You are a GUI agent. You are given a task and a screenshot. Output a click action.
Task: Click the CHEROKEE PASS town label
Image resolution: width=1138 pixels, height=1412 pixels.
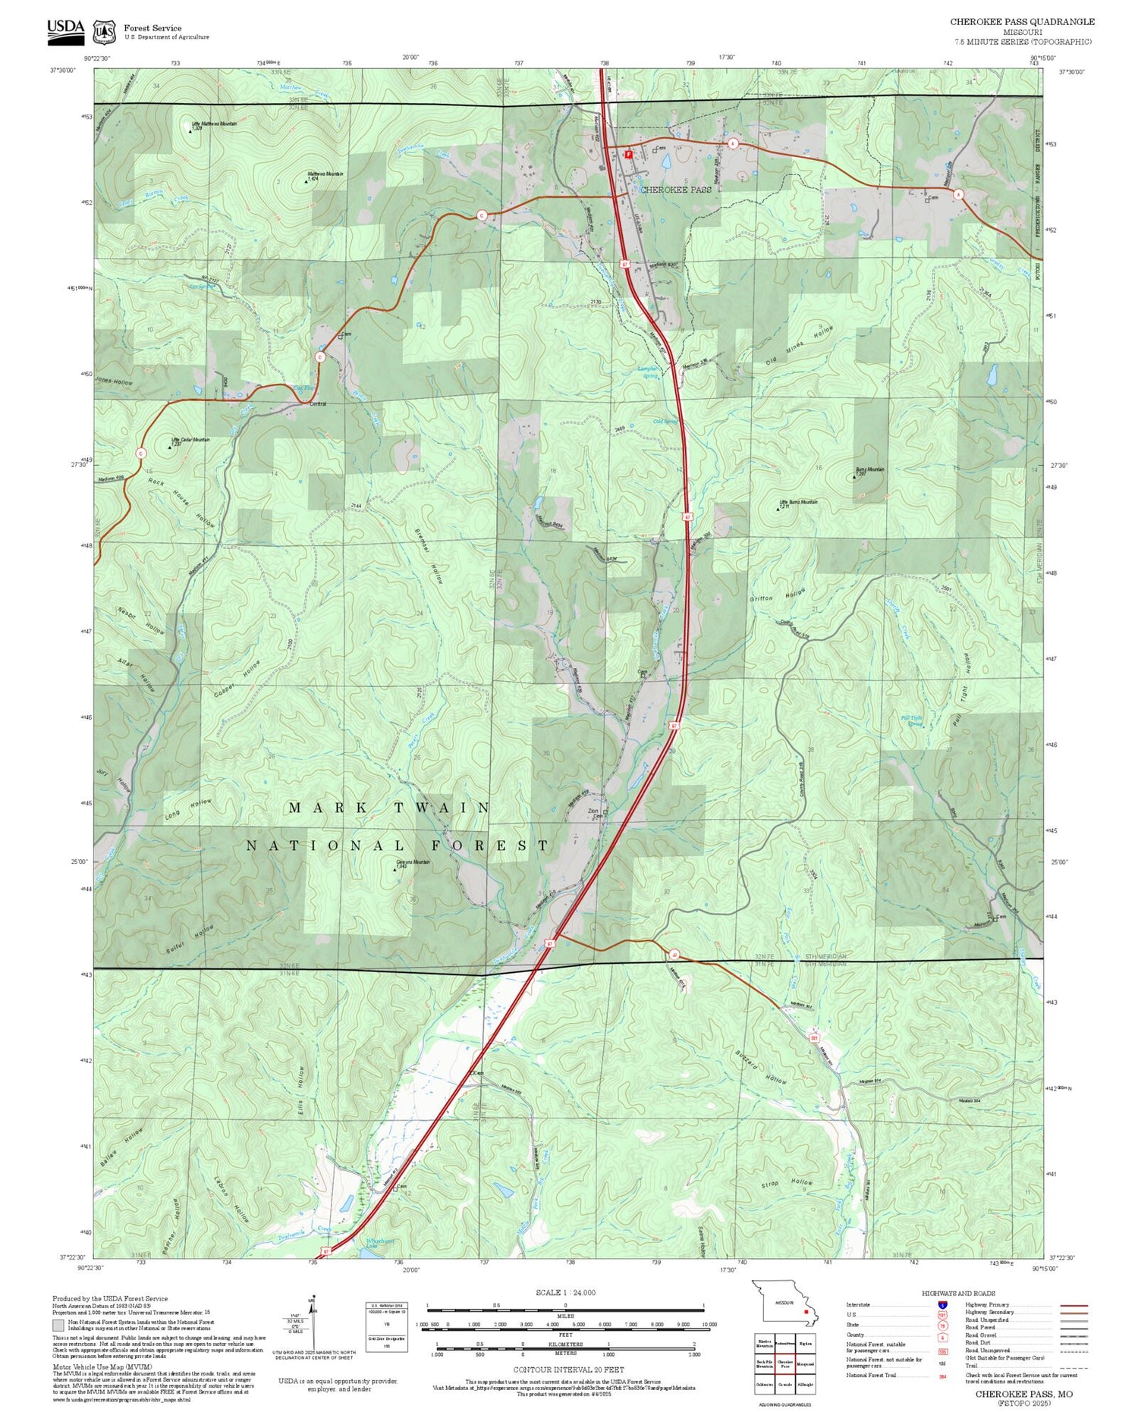(675, 190)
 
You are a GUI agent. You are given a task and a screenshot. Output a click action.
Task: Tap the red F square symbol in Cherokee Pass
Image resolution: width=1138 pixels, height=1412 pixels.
(628, 154)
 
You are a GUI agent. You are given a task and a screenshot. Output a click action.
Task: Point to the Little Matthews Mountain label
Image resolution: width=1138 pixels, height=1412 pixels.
(215, 124)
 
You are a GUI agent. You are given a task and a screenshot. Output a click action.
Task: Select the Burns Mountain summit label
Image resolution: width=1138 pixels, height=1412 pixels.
(870, 469)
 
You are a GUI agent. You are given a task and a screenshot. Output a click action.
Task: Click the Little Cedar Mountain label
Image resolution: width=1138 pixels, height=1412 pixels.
(190, 440)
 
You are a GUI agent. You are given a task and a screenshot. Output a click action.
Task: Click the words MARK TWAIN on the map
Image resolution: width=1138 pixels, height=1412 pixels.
(389, 808)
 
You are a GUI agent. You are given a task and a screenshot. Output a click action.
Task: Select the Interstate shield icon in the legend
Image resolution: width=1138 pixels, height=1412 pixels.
(942, 1304)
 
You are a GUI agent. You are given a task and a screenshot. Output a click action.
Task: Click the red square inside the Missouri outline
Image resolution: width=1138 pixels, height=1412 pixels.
(806, 1310)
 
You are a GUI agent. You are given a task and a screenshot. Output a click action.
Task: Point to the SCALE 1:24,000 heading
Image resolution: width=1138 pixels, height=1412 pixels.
(565, 1292)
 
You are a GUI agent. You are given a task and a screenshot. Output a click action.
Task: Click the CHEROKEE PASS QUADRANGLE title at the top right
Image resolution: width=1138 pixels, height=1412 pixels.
(1022, 22)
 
